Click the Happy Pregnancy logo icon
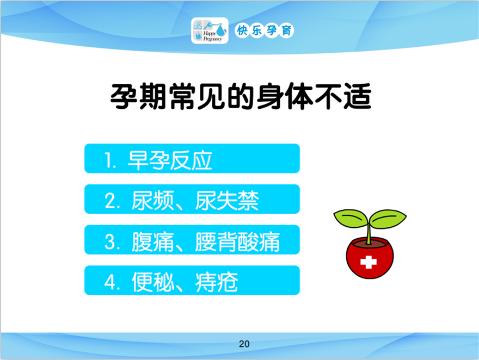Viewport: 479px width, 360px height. click(210, 30)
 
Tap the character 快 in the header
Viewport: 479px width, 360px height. click(242, 30)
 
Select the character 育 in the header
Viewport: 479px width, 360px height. click(286, 30)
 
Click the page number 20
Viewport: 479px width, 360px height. click(244, 344)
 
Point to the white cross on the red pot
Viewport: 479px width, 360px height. click(369, 262)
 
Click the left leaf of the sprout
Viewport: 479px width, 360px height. click(351, 218)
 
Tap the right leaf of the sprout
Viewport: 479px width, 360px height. click(388, 219)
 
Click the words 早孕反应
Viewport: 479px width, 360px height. click(170, 160)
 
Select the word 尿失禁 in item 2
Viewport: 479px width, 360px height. click(227, 201)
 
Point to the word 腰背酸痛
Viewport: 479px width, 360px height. click(237, 241)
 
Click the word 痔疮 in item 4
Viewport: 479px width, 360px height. click(217, 282)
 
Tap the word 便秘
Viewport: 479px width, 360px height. click(153, 282)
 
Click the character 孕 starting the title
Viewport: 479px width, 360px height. click(123, 96)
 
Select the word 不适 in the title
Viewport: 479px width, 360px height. click(343, 96)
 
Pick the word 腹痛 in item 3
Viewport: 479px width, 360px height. click(153, 241)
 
